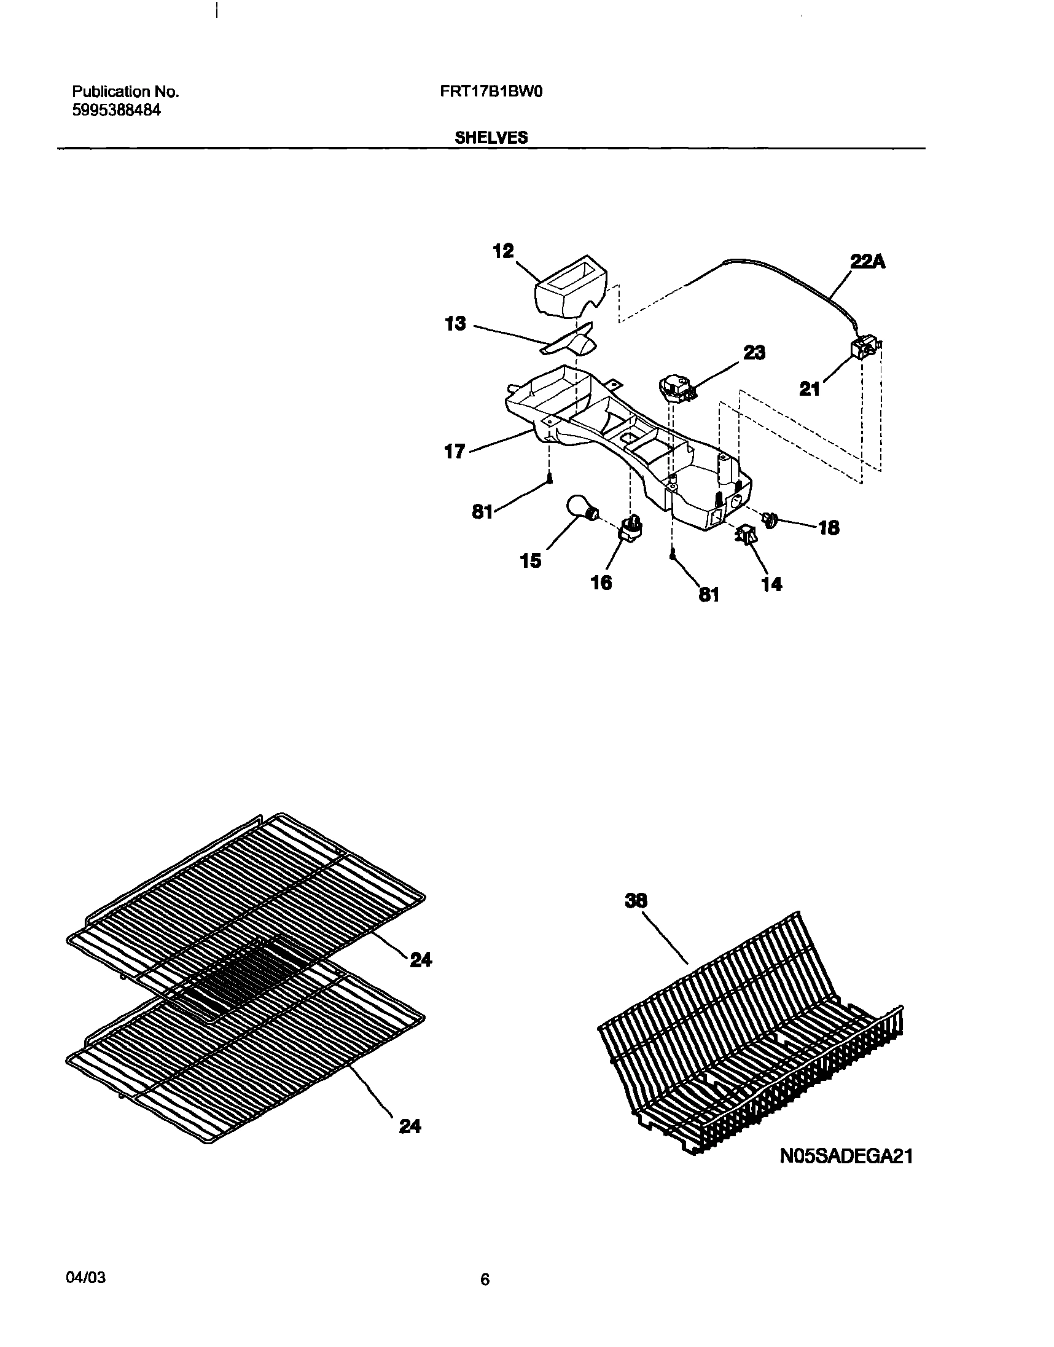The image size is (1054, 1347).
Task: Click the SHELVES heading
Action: [491, 138]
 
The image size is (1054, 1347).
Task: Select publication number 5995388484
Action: [117, 111]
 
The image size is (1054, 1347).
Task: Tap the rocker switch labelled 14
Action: [746, 535]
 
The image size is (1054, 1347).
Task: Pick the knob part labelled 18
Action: [771, 520]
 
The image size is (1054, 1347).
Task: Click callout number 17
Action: [454, 452]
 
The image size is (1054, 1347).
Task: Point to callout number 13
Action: [455, 323]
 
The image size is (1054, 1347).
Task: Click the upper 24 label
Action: [421, 959]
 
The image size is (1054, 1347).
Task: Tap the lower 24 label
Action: [410, 1126]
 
